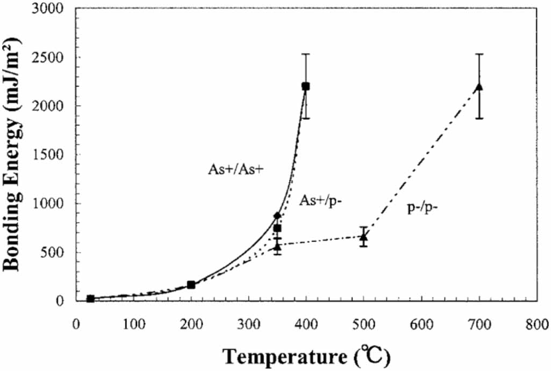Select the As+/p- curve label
click(321, 200)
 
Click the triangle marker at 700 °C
click(479, 87)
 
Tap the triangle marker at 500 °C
click(363, 237)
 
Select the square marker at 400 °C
click(306, 86)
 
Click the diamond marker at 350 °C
click(277, 216)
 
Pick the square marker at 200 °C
click(191, 284)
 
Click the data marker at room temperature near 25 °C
click(90, 298)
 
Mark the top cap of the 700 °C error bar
click(479, 54)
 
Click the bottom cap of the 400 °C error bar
click(306, 118)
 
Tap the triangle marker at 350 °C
click(277, 247)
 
